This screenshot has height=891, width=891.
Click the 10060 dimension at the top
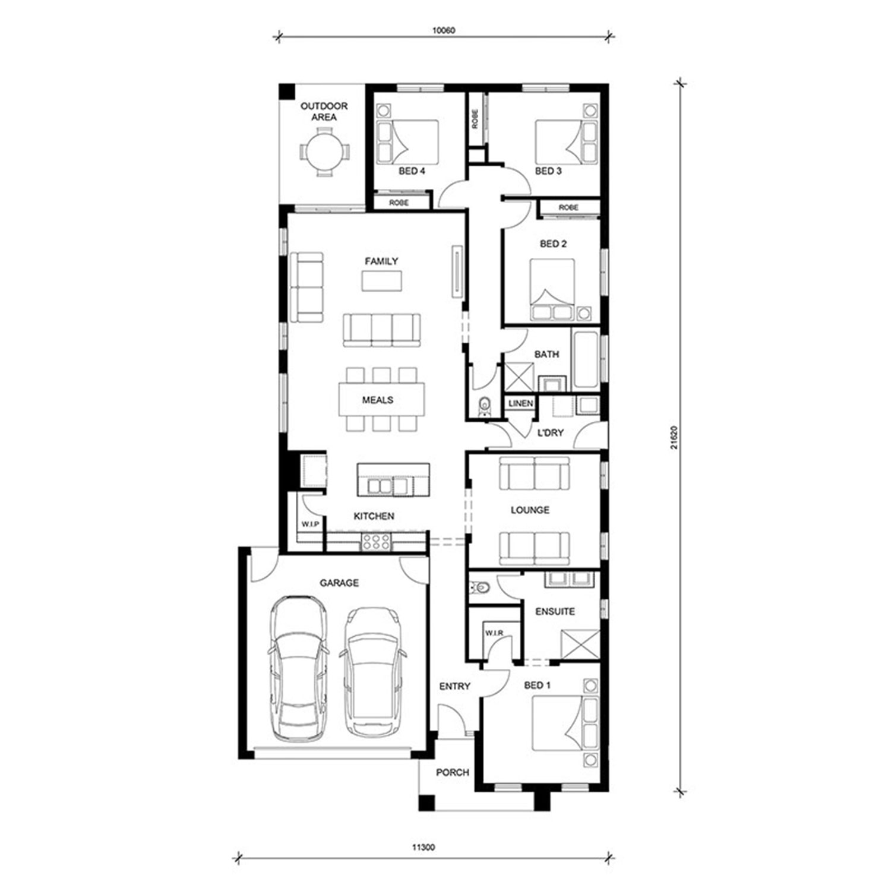[x=444, y=30]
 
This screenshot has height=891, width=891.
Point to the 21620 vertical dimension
[x=673, y=437]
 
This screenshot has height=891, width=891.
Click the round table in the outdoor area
[x=324, y=151]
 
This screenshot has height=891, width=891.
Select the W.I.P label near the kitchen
[x=310, y=525]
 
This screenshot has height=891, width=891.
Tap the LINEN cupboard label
[x=521, y=403]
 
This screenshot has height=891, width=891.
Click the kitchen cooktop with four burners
[x=376, y=541]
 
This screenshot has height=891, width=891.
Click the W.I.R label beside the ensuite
[x=494, y=633]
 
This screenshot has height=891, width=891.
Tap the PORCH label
[x=453, y=773]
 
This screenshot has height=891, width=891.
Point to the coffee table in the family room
[x=382, y=280]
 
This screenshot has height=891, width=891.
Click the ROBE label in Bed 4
[x=399, y=203]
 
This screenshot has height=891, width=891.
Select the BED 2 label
[x=553, y=244]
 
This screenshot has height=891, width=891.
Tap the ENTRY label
[x=455, y=687]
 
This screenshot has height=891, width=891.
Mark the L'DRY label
[x=550, y=433]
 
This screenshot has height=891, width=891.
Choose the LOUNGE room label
[x=530, y=510]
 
